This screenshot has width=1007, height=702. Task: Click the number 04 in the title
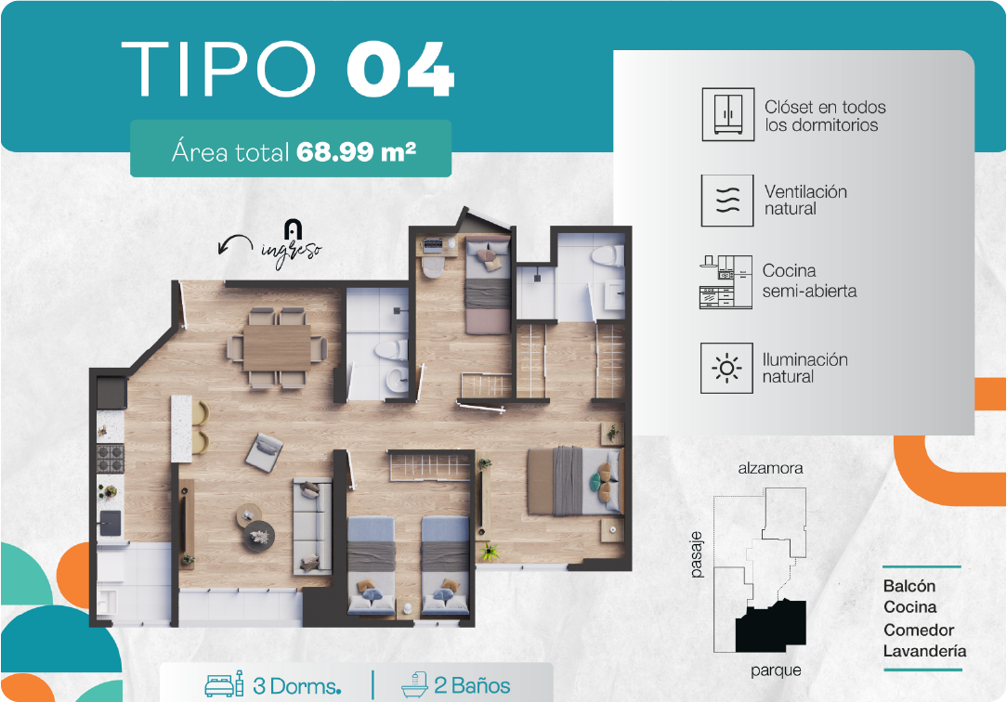point(400,70)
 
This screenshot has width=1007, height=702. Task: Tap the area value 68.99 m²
point(357,152)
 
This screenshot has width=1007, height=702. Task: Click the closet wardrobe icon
point(727,114)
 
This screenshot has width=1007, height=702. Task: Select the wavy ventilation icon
point(727,201)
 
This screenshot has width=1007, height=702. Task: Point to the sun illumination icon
point(726,369)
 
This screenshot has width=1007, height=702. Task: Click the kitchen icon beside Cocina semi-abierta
point(726,282)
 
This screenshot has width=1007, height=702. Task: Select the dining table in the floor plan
point(277,347)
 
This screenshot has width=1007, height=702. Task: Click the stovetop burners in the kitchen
point(111,458)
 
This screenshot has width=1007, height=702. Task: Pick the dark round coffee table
point(259,536)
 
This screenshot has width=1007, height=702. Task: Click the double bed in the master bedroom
point(575,481)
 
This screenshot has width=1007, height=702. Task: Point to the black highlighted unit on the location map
point(771,626)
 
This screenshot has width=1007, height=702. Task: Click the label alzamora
point(770,468)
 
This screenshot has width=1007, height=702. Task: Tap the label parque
point(776,670)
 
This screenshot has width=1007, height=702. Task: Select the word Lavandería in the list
point(924,651)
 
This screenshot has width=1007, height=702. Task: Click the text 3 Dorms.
point(296,686)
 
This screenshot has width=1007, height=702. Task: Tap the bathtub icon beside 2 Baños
point(414,684)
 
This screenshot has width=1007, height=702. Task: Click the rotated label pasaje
point(697,554)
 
